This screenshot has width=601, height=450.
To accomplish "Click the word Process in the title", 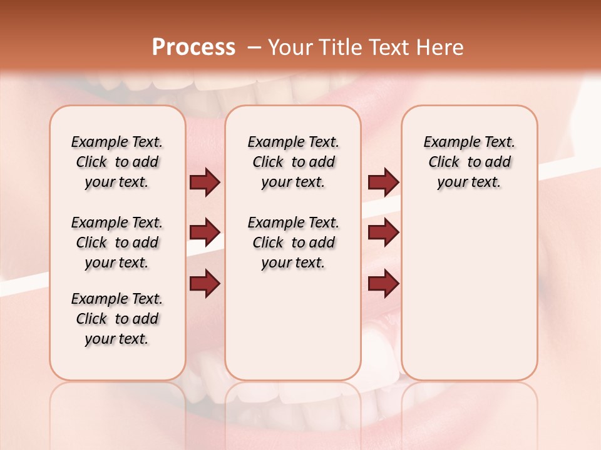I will coord(193,47).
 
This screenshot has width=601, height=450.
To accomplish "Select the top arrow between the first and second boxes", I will coord(205,182).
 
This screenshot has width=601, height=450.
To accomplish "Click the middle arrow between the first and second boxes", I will coord(205,232).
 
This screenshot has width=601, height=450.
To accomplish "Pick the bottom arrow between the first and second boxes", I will coord(205,284).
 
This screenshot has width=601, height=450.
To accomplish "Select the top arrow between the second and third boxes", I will coord(383,182).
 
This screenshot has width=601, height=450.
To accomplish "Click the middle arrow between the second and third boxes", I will coord(383,232).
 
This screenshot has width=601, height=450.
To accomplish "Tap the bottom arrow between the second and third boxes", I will coord(383,284).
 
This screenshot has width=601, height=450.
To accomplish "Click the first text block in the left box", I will coord(117,162).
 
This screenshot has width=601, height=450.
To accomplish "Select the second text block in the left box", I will coord(117,242).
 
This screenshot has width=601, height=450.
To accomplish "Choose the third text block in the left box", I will coord(117,319).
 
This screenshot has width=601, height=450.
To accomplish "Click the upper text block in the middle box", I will coord(293,162).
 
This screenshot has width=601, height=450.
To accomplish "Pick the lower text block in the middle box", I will coord(293,242).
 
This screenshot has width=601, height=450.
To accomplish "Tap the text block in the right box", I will coord(469,162).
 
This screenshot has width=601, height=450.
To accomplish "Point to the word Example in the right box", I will coord(447,142).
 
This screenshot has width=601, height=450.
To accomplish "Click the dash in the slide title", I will coord(254,47).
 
